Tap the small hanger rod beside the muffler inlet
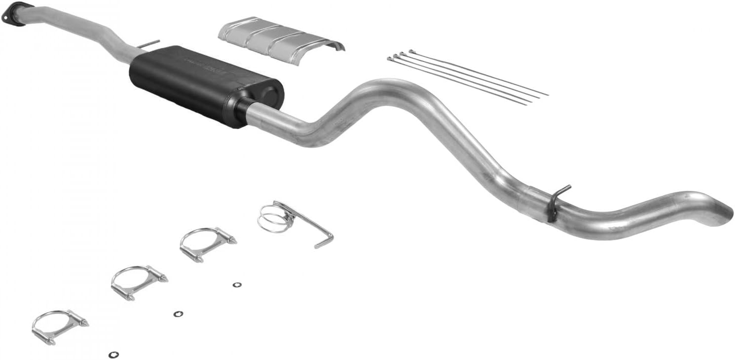148,44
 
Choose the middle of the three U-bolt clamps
138,282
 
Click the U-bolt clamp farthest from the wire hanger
59,325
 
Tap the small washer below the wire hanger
237,285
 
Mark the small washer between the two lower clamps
178,314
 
